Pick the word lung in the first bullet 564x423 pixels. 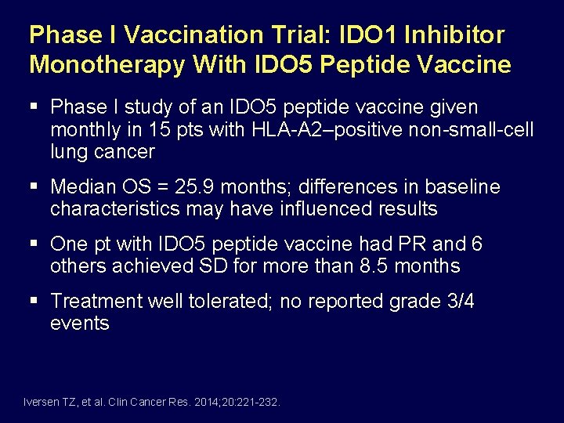[67, 151]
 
